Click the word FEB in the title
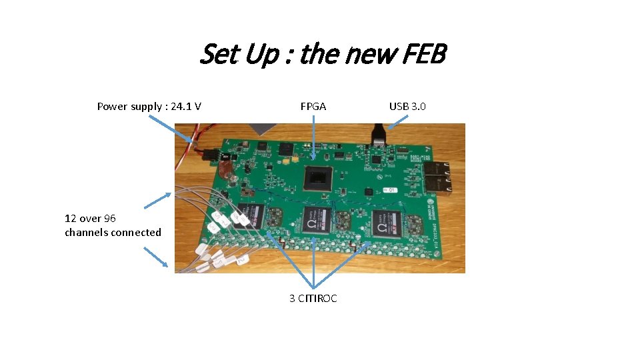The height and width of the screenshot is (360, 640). [x=424, y=55]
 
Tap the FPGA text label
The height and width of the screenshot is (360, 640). [x=313, y=106]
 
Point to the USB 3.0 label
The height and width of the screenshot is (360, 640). [x=407, y=106]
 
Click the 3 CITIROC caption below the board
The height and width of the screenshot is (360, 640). [x=313, y=298]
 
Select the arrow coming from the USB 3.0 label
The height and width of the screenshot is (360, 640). [x=399, y=121]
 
